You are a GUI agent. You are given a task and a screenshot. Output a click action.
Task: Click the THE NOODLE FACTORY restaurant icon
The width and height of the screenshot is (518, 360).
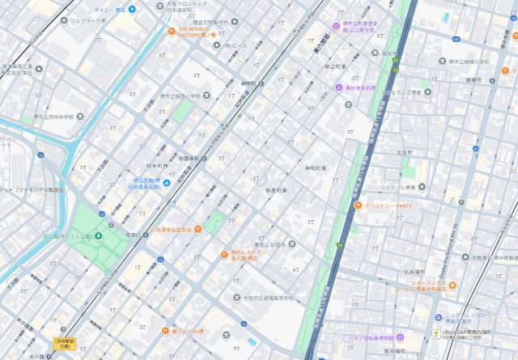coord(172,32)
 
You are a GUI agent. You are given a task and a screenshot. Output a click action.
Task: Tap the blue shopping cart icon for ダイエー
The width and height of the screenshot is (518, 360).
coord(133,9)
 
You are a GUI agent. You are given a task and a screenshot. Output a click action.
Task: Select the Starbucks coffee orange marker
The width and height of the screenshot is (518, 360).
coord(452,285)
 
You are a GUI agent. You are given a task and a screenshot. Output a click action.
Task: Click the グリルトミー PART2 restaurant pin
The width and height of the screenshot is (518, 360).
coord(358,206)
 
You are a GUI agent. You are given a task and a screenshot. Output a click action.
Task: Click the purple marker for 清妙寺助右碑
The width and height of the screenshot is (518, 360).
coord(338,87)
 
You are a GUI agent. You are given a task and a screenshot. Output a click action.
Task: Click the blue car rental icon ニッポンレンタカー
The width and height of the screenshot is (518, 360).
coord(438,317)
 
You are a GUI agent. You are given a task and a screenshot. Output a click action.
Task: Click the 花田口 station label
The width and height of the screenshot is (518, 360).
coord(134,234)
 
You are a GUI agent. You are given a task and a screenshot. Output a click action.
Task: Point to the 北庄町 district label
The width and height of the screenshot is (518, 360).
coord(405,151)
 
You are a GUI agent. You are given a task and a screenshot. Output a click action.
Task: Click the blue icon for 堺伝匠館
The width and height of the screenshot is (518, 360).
coord(166,184)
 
